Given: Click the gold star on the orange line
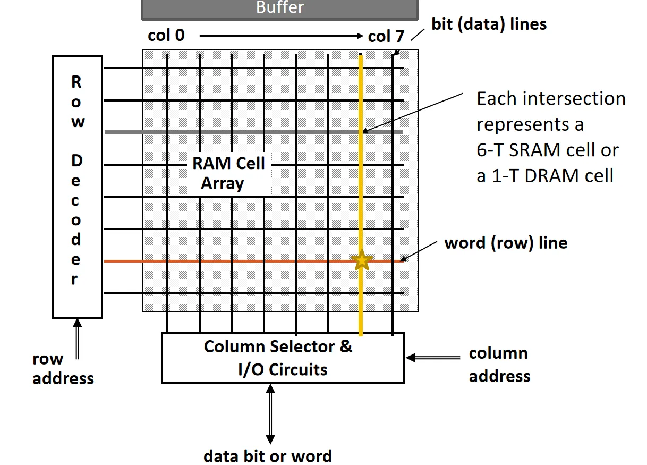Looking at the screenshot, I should [361, 260].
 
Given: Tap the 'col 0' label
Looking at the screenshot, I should [166, 36].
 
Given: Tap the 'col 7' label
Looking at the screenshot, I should [386, 36].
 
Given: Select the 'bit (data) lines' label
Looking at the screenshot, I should [489, 24].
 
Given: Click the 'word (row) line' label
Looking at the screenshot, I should [506, 243].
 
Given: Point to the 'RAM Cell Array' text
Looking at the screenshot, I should [228, 173].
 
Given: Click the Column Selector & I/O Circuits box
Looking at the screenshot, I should [283, 358].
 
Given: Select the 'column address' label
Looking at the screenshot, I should [499, 365].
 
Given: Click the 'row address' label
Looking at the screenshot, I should [63, 369].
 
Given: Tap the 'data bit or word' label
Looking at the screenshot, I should [268, 455].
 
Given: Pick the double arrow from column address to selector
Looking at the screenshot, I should [433, 358].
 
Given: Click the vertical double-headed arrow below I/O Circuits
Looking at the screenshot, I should [270, 414].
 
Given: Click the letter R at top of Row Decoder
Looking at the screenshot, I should [76, 82].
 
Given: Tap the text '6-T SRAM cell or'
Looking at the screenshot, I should [547, 150].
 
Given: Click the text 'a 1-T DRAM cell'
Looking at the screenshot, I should [545, 175].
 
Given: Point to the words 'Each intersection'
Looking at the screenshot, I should [551, 99].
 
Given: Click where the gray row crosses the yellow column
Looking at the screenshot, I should [361, 132].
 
